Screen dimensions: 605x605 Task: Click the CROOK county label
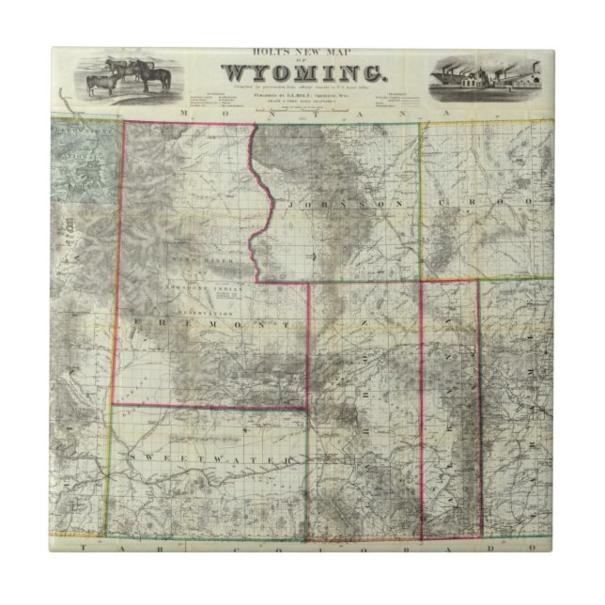click(474, 201)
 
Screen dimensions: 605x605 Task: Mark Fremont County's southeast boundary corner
click(308, 407)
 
